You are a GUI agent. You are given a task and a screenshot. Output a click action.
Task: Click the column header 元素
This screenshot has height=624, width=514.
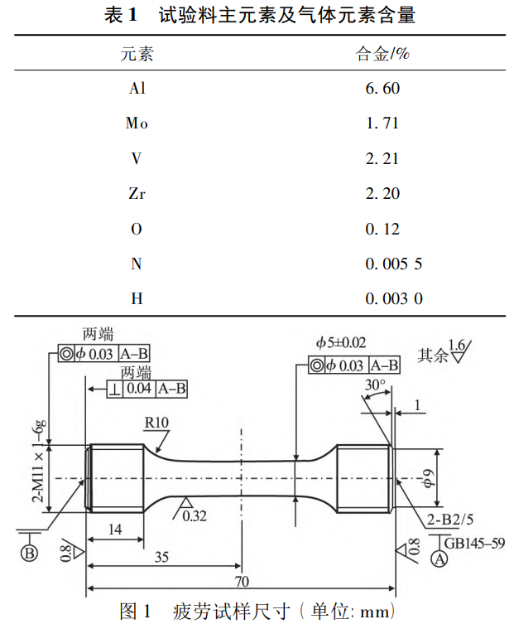137,56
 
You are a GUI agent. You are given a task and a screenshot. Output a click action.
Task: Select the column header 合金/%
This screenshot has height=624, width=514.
382,56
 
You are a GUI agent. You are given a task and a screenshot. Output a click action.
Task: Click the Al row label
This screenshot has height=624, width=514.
137,88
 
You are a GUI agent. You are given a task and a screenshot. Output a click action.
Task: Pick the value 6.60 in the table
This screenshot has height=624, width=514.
382,88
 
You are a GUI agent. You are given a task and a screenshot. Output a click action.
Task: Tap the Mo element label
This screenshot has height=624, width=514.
137,123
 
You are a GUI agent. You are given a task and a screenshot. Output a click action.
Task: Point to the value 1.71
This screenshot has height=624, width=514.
382,123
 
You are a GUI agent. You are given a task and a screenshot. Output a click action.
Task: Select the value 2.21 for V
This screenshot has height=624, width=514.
382,159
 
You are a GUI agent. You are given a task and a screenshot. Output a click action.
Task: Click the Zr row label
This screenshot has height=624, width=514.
137,194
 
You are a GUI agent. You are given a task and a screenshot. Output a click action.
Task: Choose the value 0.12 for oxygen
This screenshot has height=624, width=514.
382,230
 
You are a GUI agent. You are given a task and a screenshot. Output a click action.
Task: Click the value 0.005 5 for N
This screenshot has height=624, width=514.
394,264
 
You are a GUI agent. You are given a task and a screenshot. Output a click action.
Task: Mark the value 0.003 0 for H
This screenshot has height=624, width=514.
394,299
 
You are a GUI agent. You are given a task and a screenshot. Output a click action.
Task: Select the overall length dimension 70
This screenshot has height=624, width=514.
242,579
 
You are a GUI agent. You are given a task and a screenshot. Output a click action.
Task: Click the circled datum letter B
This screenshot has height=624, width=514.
31,554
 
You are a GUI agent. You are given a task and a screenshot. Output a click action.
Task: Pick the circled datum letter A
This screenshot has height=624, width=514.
440,560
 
